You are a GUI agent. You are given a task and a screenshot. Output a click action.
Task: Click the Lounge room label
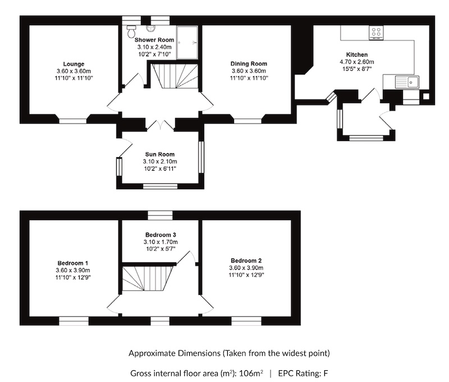[x=74, y=63]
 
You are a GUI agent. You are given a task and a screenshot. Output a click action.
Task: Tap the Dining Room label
[x=249, y=63]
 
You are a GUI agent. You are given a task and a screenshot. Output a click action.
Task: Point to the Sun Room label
[x=160, y=154]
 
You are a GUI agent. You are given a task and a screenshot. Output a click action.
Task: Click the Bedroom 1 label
[x=72, y=262]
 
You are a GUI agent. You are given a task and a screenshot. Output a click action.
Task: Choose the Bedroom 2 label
[x=246, y=261]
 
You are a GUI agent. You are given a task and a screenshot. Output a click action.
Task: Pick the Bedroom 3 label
[x=161, y=234]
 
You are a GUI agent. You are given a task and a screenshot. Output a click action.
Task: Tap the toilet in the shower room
[x=132, y=31]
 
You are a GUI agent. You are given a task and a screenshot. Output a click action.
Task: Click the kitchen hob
[x=375, y=33]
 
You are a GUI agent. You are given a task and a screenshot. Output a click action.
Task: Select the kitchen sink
[x=407, y=83]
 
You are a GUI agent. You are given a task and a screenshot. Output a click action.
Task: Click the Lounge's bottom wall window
[x=73, y=119]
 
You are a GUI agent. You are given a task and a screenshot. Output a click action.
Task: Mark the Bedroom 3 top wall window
[x=160, y=215]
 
